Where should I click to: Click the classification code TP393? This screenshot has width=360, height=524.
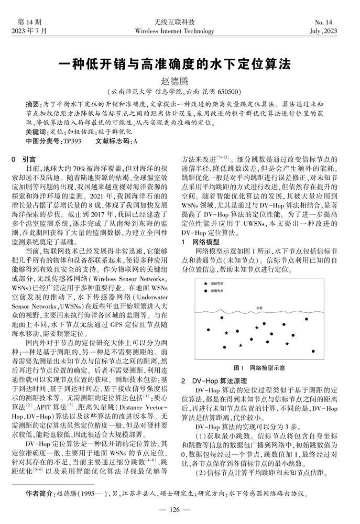pos(72,141)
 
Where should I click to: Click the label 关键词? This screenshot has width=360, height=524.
pos(35,132)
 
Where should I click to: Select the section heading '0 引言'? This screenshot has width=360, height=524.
pos(24,159)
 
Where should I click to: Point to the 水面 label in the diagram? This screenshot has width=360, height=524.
pos(259,308)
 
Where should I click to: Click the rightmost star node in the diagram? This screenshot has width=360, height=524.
pos(287,344)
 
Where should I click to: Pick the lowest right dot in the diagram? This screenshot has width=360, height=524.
pos(313,351)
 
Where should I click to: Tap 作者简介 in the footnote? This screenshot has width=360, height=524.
pos(39,493)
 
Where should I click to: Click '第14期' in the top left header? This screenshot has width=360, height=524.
pos(29,22)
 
